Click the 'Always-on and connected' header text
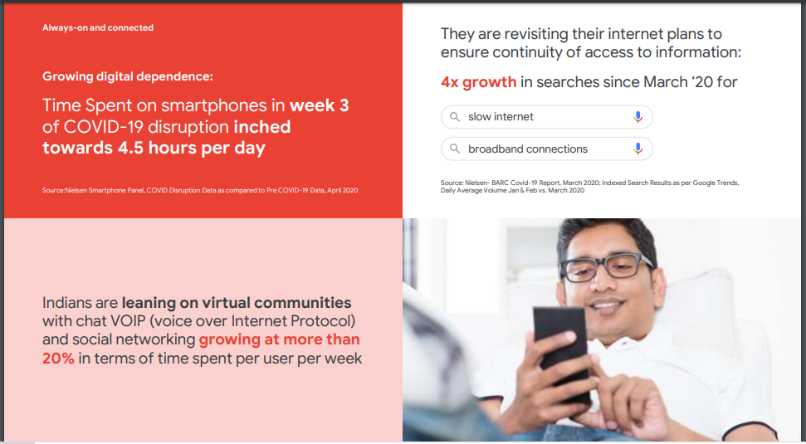[98, 27]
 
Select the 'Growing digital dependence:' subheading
[128, 76]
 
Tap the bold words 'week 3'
[320, 105]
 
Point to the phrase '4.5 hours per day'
[191, 148]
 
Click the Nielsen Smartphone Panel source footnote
[200, 190]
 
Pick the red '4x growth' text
[479, 82]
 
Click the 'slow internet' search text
[501, 117]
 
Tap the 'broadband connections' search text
[528, 149]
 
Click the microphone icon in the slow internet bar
[638, 117]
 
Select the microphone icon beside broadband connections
[638, 149]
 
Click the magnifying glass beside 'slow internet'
[455, 117]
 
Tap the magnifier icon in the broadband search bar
[455, 149]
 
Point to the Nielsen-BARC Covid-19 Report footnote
[589, 187]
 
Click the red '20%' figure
[58, 359]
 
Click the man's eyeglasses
[608, 266]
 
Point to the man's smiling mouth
[607, 307]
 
